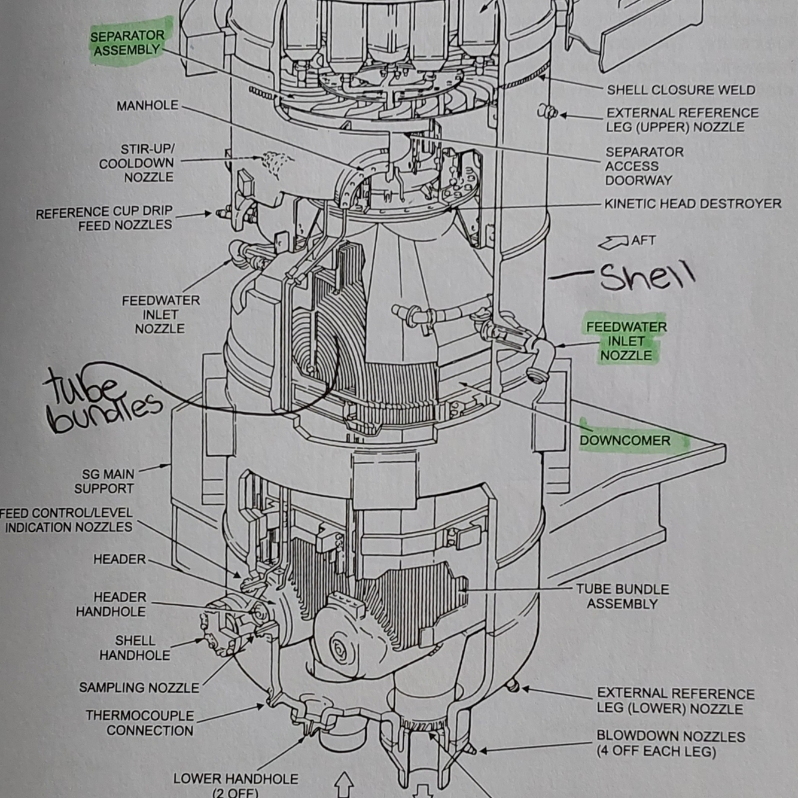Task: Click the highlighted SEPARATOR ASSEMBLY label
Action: (127, 43)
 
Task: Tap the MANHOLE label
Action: (147, 106)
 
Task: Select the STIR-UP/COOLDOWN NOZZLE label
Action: (137, 163)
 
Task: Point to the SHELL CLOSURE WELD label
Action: (681, 90)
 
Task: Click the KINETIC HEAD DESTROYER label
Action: (693, 204)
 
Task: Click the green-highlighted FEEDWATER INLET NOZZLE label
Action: (626, 341)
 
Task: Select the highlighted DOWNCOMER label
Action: (625, 441)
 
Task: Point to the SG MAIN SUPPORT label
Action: (105, 482)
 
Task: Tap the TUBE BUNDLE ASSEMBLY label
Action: (622, 596)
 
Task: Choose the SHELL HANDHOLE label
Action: (135, 648)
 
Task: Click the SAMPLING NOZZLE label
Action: (139, 688)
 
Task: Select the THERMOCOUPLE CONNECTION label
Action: (140, 723)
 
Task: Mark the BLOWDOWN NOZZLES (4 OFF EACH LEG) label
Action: (670, 744)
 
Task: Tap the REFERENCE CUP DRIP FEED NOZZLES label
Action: (104, 218)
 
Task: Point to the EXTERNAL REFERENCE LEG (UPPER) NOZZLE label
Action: (682, 120)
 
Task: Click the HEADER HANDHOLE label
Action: (111, 604)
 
